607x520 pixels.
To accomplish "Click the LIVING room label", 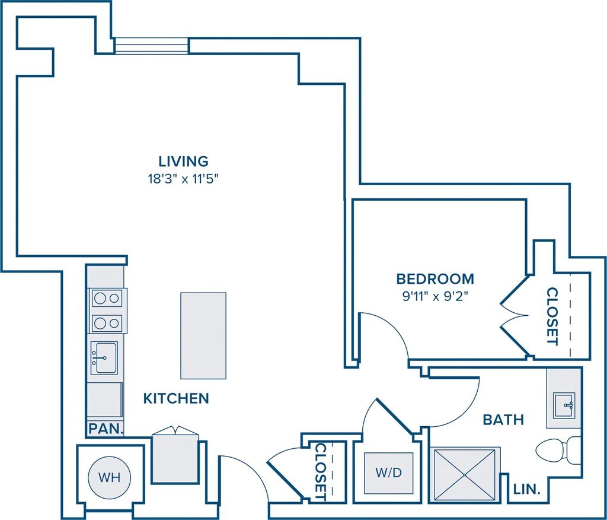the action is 184,160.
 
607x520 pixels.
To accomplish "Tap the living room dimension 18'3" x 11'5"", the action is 184,179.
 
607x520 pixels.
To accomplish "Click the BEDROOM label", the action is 435,279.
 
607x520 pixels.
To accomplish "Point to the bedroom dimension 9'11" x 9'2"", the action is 435,297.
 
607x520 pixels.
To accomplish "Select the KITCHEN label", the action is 176,398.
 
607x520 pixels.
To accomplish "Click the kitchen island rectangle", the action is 203,335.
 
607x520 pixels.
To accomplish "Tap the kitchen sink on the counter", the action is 104,357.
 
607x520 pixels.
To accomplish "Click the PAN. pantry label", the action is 106,429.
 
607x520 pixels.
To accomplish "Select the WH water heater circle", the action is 109,477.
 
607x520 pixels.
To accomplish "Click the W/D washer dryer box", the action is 389,473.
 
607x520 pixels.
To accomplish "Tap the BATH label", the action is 503,420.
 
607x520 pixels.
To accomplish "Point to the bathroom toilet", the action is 558,451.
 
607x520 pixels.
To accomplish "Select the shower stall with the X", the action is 465,475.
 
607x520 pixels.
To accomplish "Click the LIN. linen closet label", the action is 526,489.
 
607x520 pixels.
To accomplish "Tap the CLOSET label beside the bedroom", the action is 552,316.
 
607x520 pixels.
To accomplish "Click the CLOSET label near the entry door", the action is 321,472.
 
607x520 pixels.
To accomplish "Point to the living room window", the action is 152,45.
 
